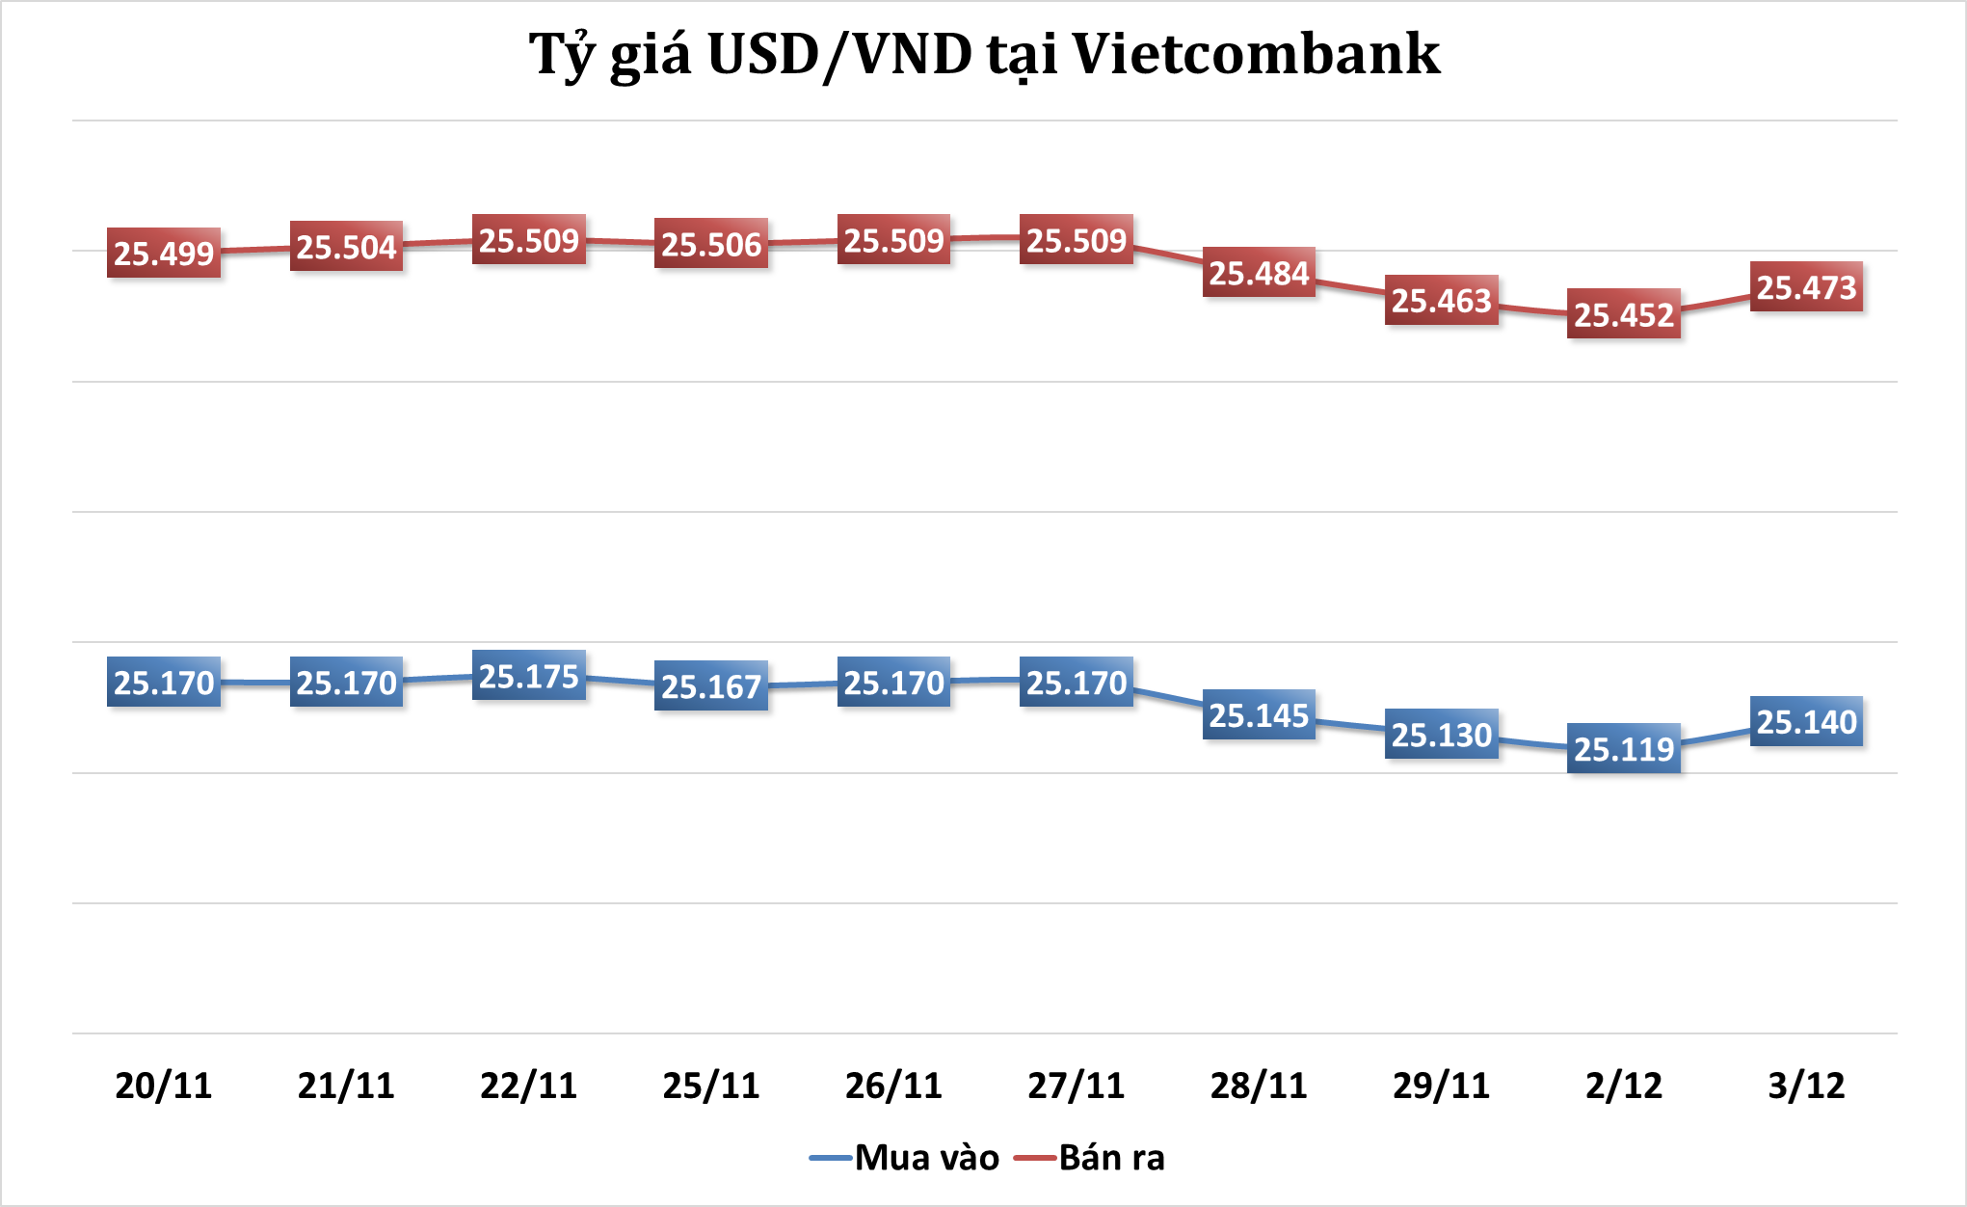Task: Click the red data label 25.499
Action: [x=164, y=254]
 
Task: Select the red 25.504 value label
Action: [x=346, y=247]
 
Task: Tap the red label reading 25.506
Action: [x=711, y=244]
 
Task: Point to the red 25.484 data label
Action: [x=1259, y=273]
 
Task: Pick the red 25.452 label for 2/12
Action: [x=1624, y=314]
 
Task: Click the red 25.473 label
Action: [x=1806, y=287]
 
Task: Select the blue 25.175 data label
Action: [x=529, y=676]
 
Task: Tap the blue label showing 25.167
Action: [x=711, y=685]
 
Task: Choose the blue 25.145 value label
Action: [x=1259, y=715]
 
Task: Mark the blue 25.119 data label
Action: [x=1624, y=748]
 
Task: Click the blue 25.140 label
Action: [x=1806, y=721]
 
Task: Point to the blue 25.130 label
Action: [x=1442, y=735]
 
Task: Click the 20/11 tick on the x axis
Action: [x=164, y=1086]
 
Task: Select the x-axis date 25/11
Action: [x=711, y=1086]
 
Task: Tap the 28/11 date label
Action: [x=1259, y=1086]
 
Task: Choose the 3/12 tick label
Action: [x=1806, y=1086]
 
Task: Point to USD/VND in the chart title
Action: [x=839, y=54]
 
